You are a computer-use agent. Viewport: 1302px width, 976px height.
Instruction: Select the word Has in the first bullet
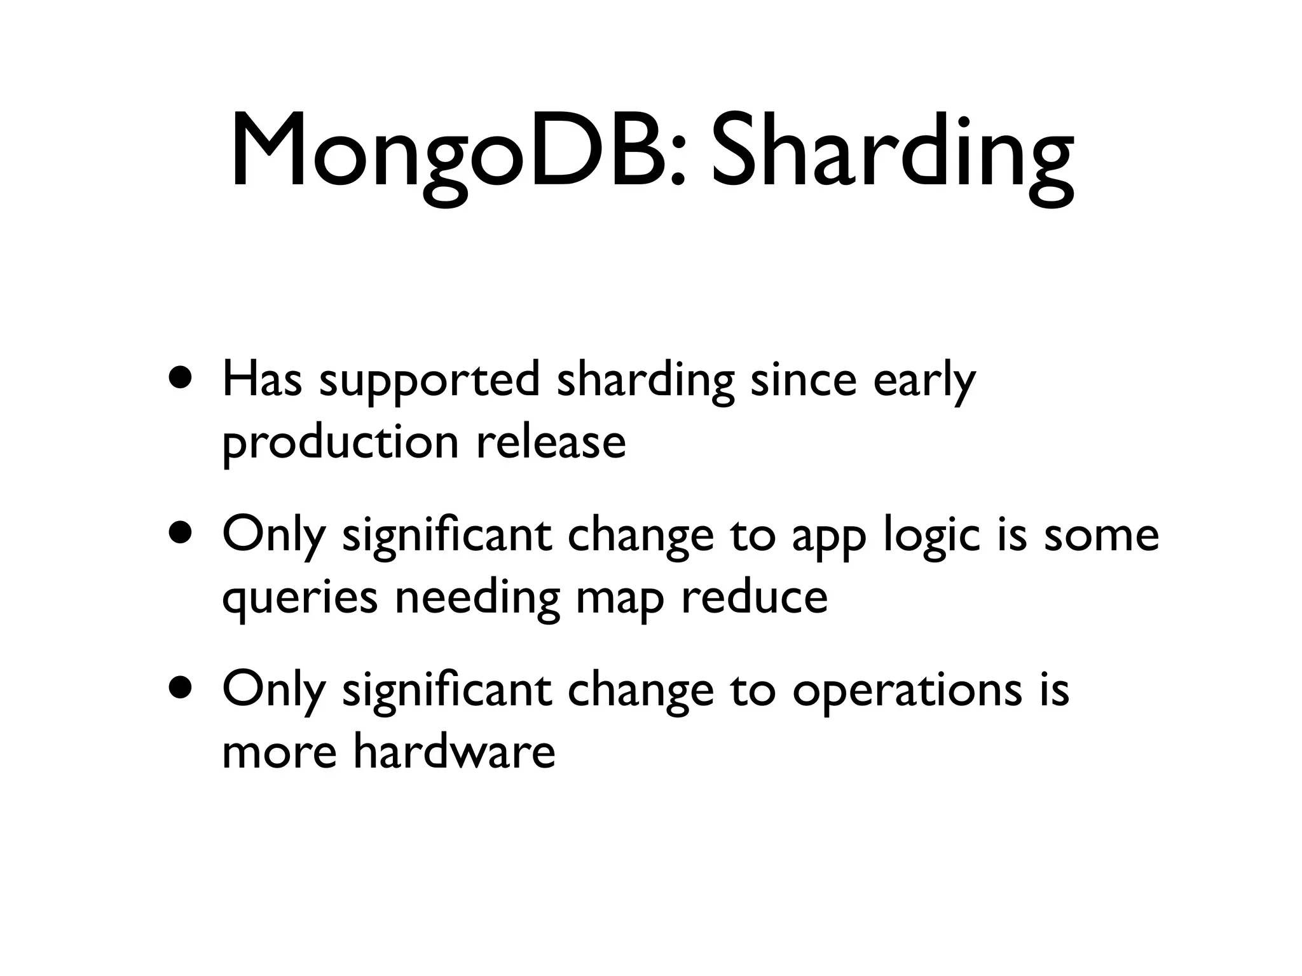[262, 380]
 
